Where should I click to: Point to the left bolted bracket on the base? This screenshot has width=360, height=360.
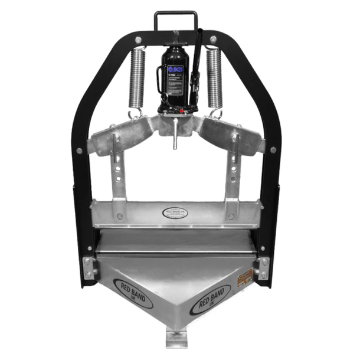pos(90,267)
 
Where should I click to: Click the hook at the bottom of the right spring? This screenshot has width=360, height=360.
pos(217,112)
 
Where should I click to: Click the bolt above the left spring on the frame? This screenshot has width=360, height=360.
pos(138,39)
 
